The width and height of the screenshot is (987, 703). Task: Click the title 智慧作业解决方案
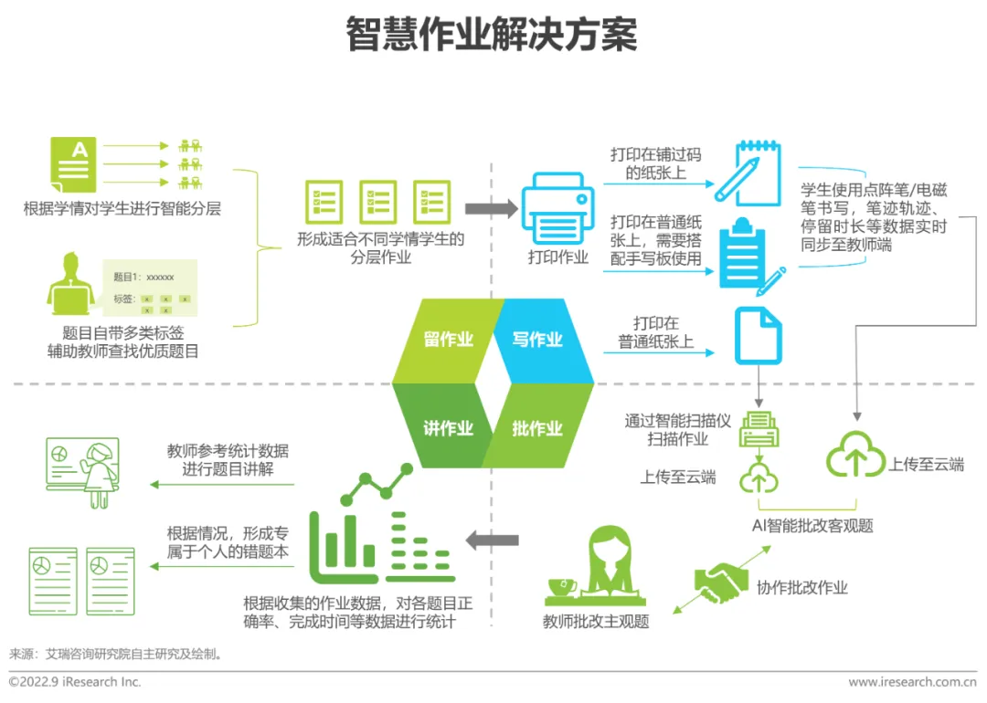(492, 35)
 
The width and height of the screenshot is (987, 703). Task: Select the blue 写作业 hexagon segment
(539, 339)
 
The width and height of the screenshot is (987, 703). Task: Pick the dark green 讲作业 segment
(446, 427)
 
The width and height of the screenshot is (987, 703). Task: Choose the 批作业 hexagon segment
(538, 427)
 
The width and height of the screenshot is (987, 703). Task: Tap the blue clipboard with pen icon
(750, 257)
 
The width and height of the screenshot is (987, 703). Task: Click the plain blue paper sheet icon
(758, 335)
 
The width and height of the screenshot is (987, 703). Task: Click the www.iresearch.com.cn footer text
(912, 682)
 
